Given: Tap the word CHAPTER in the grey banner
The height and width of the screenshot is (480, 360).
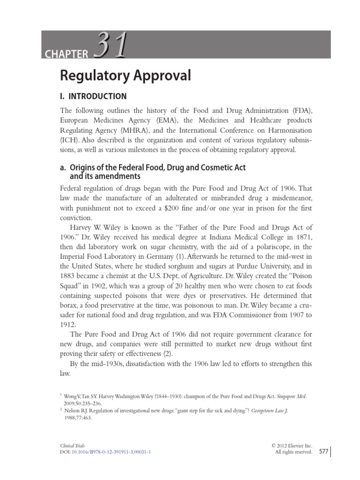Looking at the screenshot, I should pyautogui.click(x=67, y=54).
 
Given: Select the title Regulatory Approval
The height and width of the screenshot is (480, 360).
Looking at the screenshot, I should pyautogui.click(x=126, y=75).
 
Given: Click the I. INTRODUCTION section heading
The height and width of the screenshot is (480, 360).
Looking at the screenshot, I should pyautogui.click(x=94, y=97).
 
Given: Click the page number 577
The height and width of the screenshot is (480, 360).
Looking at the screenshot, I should pyautogui.click(x=323, y=451).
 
